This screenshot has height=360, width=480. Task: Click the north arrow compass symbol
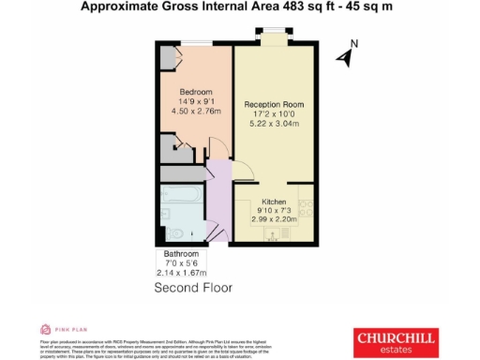coord(344,57)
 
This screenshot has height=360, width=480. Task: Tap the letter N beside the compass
coord(353,43)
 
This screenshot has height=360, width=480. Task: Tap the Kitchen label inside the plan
coord(274,202)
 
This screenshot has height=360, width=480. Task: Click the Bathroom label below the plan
coord(182,254)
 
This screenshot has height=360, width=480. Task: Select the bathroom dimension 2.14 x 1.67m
coord(182,273)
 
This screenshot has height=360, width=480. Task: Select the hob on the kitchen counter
coord(305,202)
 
